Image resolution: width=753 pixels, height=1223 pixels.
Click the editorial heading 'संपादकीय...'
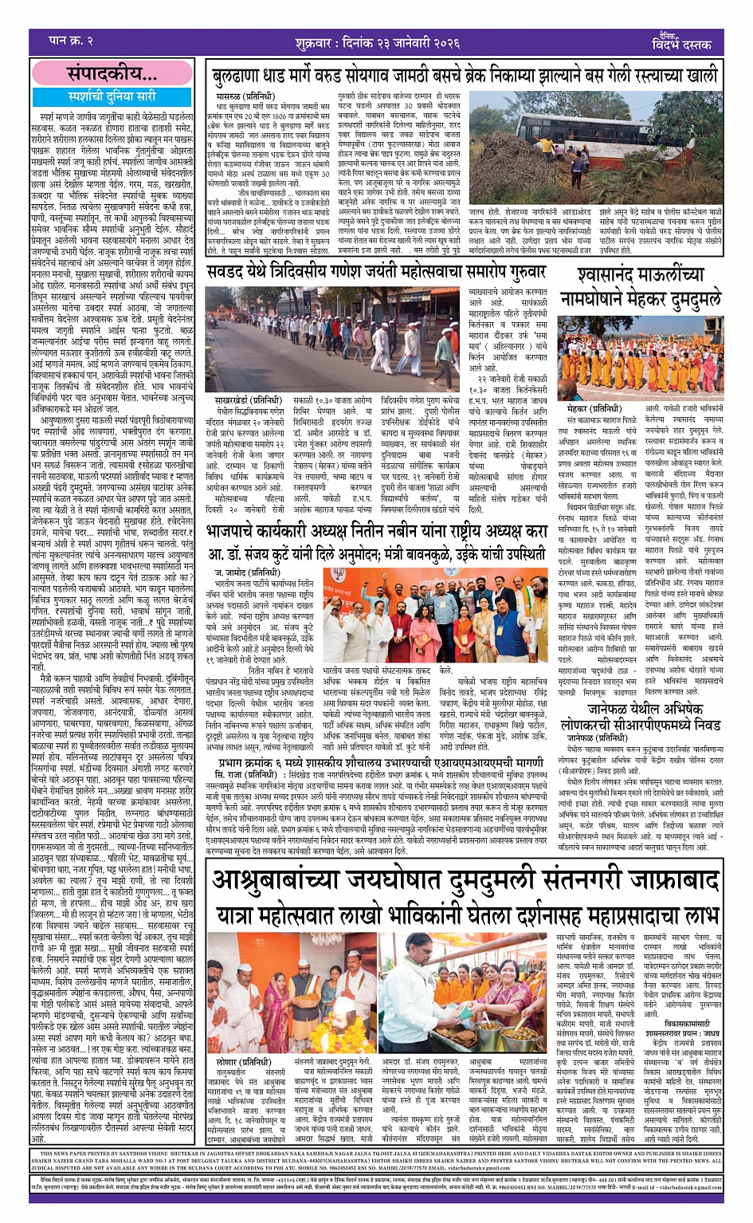coord(112,74)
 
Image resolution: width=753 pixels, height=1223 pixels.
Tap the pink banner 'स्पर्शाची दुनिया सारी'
coord(112,96)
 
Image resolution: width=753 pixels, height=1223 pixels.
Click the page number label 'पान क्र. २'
coord(71,40)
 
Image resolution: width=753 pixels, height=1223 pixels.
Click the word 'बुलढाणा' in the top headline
coord(242,77)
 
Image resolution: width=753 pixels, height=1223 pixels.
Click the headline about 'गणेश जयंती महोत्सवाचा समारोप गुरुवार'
coord(375,272)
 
